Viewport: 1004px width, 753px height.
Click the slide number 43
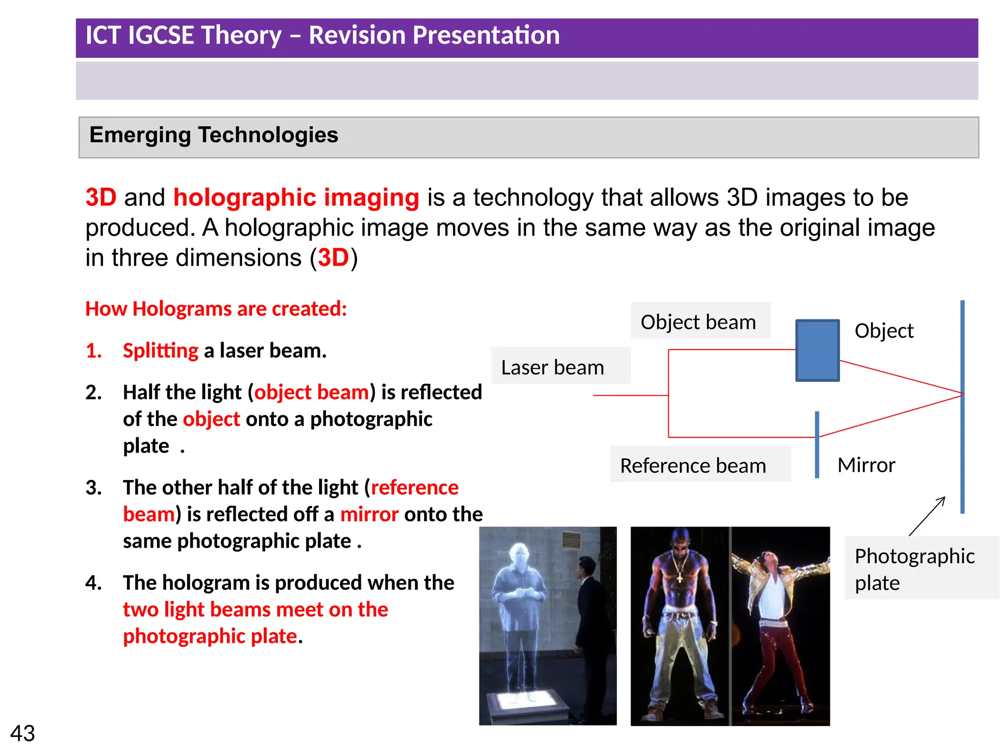[23, 733]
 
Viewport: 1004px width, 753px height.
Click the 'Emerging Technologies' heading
[214, 135]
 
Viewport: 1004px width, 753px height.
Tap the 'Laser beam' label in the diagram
[552, 367]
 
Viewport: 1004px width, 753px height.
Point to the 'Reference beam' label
[693, 465]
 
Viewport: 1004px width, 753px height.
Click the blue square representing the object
[817, 350]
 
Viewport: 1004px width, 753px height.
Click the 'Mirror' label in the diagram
[866, 465]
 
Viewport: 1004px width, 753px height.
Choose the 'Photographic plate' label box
[915, 569]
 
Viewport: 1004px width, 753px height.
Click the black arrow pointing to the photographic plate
[928, 516]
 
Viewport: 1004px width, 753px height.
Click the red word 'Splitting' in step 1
[160, 351]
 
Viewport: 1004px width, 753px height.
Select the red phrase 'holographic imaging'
[296, 198]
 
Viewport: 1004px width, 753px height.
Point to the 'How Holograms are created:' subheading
[216, 309]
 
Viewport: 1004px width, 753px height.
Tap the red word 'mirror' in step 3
[369, 514]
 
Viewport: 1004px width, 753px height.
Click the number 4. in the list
[93, 583]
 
